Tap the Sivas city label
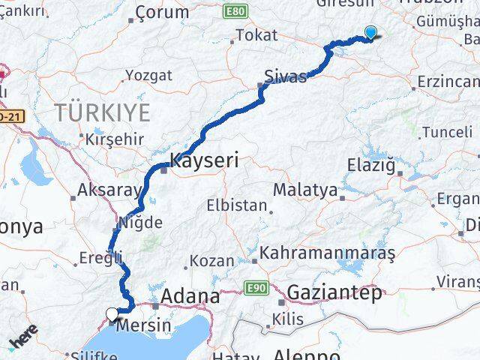(x=285, y=76)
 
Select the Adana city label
(x=187, y=295)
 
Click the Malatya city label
(x=304, y=190)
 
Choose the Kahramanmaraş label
(x=327, y=253)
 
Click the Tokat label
(x=256, y=35)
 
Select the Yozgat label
(x=148, y=76)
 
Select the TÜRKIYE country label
(x=102, y=113)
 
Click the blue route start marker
(x=370, y=32)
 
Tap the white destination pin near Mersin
(x=112, y=314)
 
